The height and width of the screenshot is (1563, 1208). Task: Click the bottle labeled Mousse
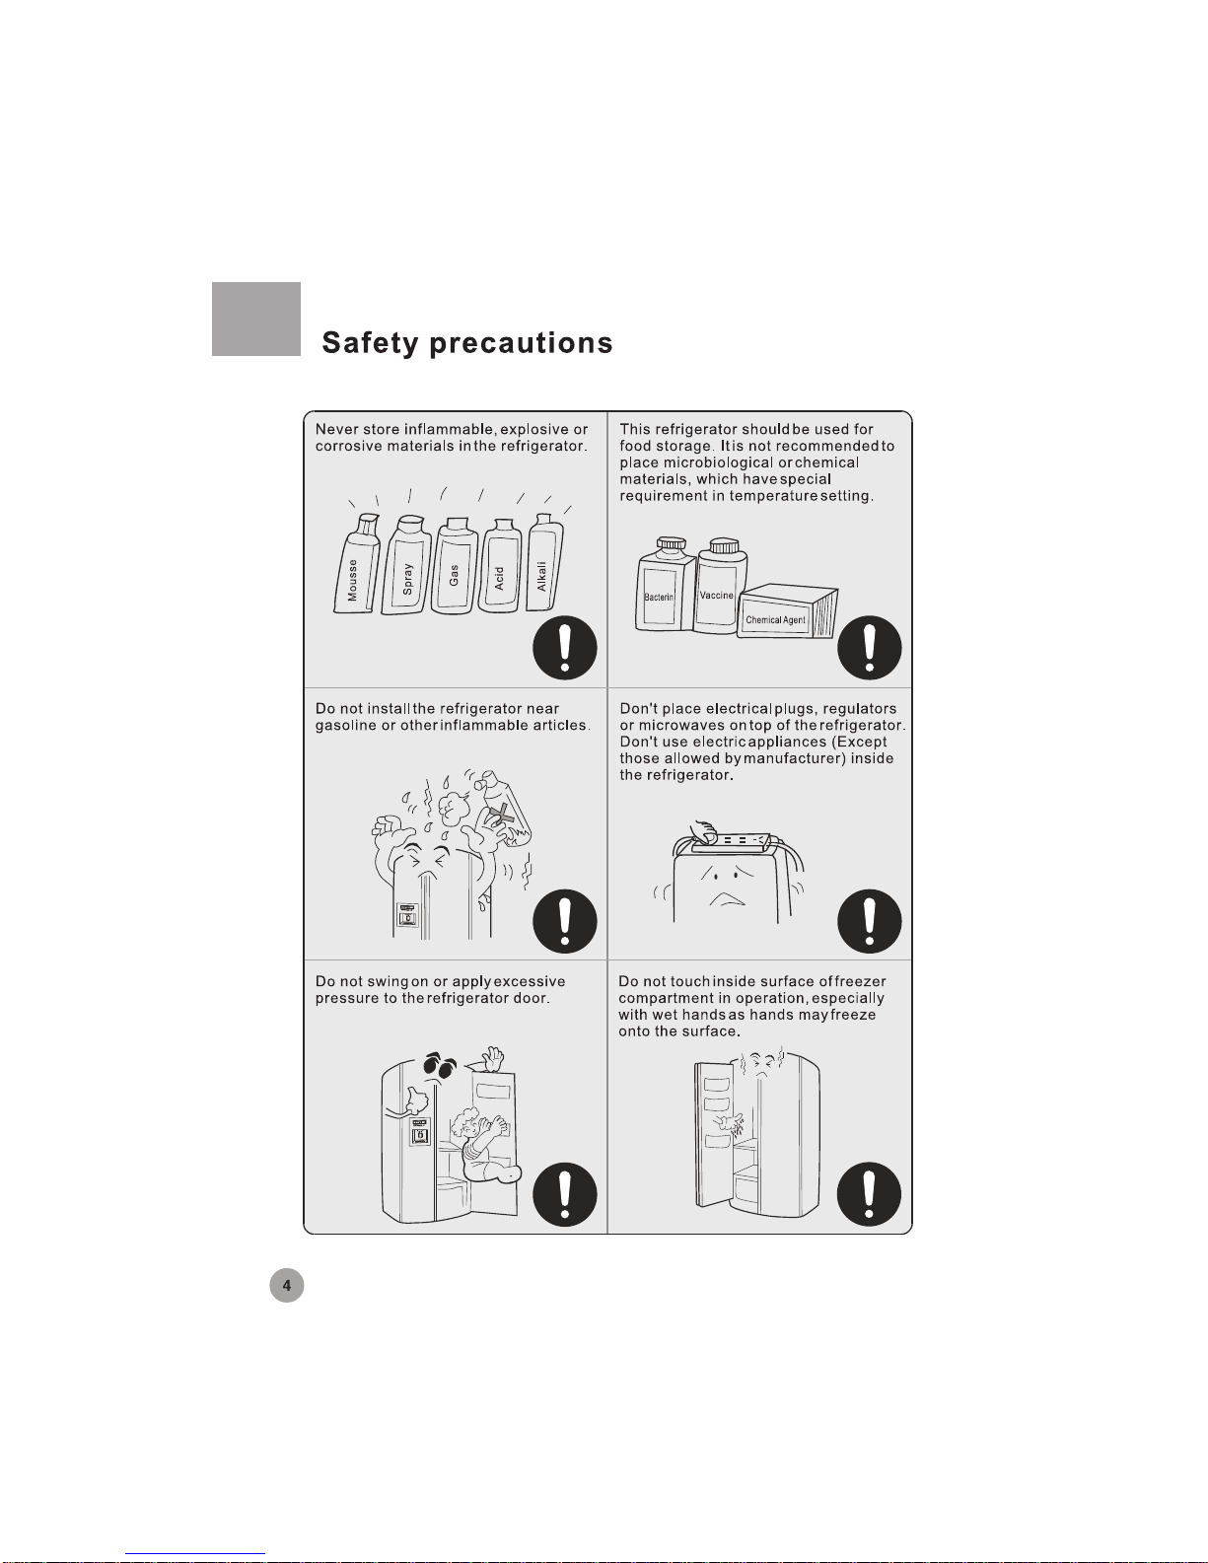tap(357, 565)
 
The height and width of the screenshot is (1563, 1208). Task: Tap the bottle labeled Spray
tap(407, 566)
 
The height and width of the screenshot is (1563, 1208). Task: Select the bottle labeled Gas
tap(454, 567)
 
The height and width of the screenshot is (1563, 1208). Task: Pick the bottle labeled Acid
tap(500, 567)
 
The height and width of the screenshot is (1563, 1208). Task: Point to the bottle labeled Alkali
tap(544, 563)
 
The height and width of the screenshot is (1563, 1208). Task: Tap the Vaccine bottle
tap(720, 587)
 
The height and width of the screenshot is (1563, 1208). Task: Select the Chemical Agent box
tap(787, 611)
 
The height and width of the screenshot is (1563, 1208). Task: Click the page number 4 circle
tap(287, 1285)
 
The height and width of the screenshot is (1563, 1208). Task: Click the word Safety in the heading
tap(370, 343)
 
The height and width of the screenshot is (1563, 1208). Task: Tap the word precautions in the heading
tap(521, 344)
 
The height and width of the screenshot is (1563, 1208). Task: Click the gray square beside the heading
tap(256, 319)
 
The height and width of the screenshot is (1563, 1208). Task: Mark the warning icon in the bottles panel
tap(564, 647)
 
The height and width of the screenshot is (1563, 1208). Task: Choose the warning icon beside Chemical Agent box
tap(870, 647)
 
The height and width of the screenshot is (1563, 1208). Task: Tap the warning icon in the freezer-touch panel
tap(869, 1195)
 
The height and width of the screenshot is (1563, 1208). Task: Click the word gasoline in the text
tap(345, 725)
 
